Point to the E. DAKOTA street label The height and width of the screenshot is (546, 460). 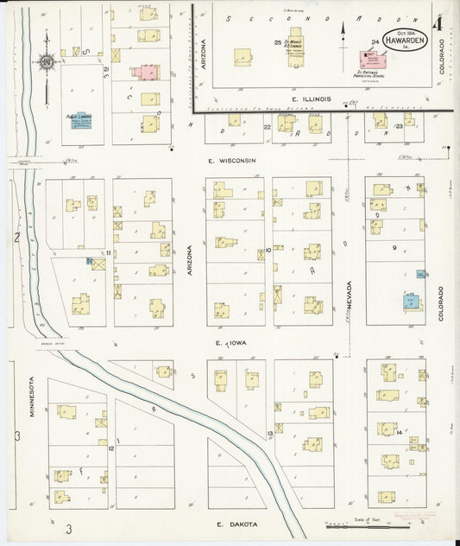(x=232, y=524)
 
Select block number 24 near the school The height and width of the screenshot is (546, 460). (x=375, y=41)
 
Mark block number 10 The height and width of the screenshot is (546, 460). (x=269, y=250)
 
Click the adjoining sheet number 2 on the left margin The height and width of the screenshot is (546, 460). (x=16, y=235)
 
